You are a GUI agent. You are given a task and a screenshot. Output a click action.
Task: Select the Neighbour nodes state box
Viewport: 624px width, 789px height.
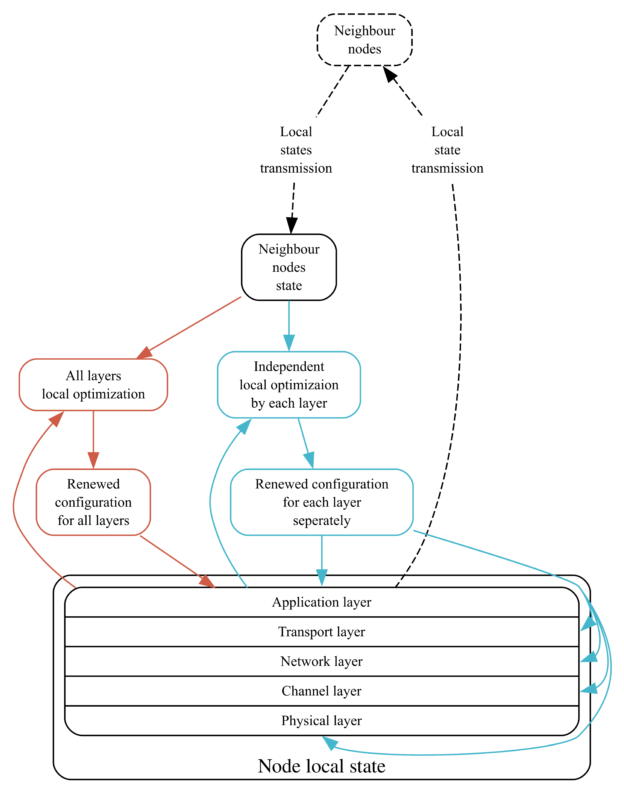(289, 267)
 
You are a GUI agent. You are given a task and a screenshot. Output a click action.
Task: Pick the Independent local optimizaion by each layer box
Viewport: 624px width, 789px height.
(289, 385)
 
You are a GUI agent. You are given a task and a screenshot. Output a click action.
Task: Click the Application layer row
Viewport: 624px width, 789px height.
(321, 602)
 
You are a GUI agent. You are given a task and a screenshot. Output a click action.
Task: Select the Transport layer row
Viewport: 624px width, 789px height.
(321, 632)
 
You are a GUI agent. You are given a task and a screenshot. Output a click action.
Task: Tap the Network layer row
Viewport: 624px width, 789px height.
(321, 661)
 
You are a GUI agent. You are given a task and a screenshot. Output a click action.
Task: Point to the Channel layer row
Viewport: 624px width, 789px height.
(321, 691)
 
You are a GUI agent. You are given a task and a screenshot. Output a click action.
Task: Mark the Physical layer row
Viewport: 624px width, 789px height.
(321, 720)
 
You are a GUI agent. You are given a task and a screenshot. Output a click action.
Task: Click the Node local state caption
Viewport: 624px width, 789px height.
(321, 766)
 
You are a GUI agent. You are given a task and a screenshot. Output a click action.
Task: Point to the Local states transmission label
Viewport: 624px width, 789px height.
(296, 150)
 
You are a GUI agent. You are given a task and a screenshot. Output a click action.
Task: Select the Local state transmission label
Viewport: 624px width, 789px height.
(447, 150)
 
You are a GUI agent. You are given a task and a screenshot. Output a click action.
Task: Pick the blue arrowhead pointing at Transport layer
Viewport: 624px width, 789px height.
(588, 624)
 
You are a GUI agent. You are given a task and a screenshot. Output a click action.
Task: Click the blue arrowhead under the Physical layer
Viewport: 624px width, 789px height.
(330, 742)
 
